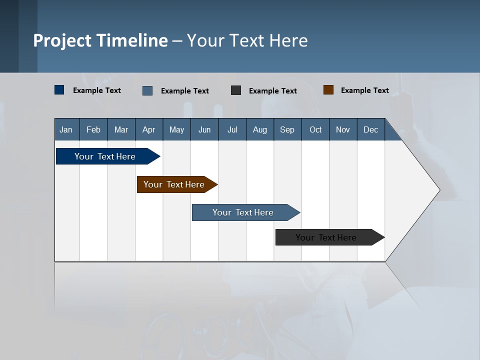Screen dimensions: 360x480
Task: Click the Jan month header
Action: click(x=66, y=129)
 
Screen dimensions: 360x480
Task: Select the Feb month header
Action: click(x=93, y=129)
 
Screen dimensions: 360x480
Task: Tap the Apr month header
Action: click(x=148, y=129)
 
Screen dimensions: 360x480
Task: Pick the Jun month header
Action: click(x=204, y=129)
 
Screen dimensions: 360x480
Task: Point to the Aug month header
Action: click(x=259, y=129)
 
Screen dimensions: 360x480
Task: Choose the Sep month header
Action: click(x=287, y=129)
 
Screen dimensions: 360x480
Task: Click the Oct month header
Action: click(x=315, y=129)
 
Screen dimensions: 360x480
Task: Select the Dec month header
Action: click(x=370, y=129)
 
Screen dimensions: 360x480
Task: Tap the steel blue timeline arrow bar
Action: click(x=243, y=212)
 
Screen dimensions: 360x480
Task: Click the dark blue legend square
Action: click(x=59, y=90)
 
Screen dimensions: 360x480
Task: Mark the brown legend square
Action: click(x=328, y=90)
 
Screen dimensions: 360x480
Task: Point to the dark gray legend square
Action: click(x=236, y=90)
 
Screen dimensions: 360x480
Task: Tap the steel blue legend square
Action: click(x=147, y=90)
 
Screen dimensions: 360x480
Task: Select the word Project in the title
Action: click(x=62, y=40)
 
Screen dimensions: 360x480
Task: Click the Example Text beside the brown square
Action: click(x=364, y=90)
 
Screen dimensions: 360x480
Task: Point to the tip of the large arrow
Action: click(x=439, y=190)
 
